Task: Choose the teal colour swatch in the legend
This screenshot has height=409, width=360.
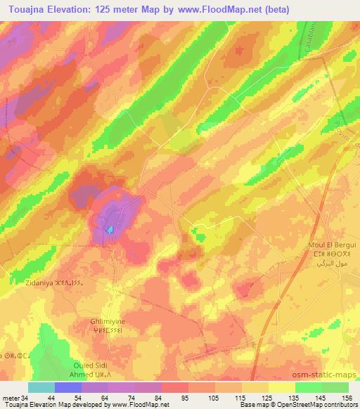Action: coord(41,387)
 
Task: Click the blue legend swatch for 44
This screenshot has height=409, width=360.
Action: coord(68,387)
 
